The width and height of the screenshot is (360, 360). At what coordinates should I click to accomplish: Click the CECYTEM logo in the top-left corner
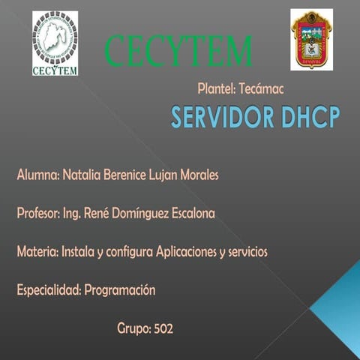55,43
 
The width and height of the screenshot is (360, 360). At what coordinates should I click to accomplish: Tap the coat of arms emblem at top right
310,40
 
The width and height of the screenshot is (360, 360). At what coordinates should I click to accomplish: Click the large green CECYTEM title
178,51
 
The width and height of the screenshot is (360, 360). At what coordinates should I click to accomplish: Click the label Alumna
37,175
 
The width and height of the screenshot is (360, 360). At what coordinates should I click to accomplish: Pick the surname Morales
197,175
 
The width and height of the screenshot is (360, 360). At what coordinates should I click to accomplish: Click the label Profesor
38,214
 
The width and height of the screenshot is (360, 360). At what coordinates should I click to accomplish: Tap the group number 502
163,328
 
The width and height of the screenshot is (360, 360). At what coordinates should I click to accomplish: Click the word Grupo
133,328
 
